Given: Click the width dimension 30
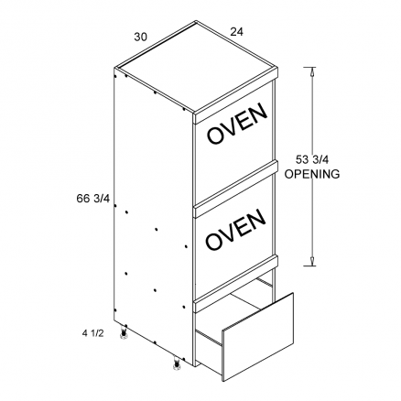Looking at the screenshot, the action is (140, 37).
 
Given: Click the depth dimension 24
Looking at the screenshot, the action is (237, 32).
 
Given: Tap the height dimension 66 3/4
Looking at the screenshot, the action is (92, 199).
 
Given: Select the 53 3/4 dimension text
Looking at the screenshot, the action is (310, 159).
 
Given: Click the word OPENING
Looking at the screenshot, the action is (312, 174).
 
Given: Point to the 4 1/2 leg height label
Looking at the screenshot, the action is (93, 333).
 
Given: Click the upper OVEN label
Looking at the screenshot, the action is (237, 123).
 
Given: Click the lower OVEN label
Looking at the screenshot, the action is (235, 229).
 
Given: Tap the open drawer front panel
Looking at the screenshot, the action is (258, 337).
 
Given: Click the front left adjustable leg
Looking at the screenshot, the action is (125, 331).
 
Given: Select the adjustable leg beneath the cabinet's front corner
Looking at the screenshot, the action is (176, 363).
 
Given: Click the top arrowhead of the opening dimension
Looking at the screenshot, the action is (312, 71).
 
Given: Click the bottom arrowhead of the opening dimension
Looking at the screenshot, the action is (312, 261).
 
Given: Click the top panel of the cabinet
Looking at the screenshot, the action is (196, 66).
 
